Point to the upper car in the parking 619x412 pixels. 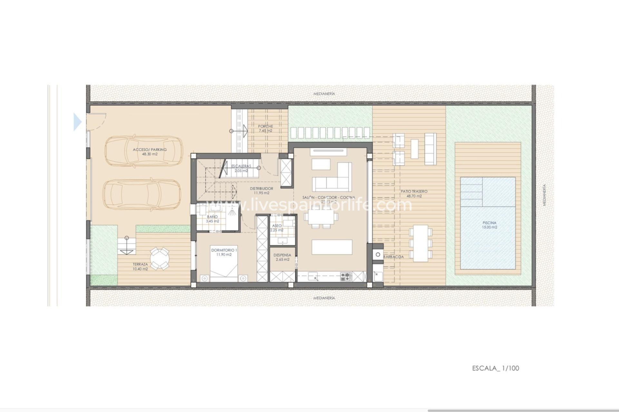point(142,151)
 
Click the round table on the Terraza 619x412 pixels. point(159,258)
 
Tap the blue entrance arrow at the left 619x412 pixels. point(77,122)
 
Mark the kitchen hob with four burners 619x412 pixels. point(346,276)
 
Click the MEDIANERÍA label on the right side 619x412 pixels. point(544,195)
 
